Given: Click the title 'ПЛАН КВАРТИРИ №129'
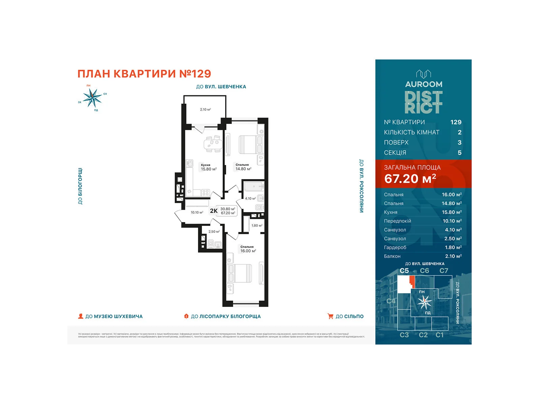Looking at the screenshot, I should pyautogui.click(x=144, y=74).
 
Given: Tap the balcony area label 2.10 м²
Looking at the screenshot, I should pyautogui.click(x=205, y=109).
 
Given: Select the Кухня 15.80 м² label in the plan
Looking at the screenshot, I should pyautogui.click(x=208, y=167).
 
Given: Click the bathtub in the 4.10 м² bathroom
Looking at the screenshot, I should pyautogui.click(x=253, y=186).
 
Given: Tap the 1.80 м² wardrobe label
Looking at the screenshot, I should pyautogui.click(x=257, y=226).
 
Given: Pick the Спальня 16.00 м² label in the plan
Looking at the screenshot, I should pyautogui.click(x=248, y=249).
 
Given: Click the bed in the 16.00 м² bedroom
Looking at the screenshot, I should pyautogui.click(x=239, y=273).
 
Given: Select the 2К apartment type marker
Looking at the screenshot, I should pyautogui.click(x=214, y=211).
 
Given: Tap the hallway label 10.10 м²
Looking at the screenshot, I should pyautogui.click(x=197, y=212).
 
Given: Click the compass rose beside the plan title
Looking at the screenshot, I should pyautogui.click(x=92, y=98).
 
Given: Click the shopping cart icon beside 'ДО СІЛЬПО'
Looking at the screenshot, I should pyautogui.click(x=330, y=316).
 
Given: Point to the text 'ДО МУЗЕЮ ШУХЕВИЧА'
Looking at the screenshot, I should pyautogui.click(x=114, y=316).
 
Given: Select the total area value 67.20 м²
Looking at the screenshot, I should pyautogui.click(x=410, y=178).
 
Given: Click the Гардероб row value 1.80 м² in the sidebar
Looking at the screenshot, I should pyautogui.click(x=453, y=247).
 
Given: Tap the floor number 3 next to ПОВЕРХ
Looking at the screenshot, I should pyautogui.click(x=459, y=142).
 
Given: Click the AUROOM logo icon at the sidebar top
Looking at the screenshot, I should pyautogui.click(x=423, y=73).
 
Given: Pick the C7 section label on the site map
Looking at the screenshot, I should pyautogui.click(x=444, y=271).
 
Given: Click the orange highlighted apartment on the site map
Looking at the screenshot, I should pyautogui.click(x=412, y=281).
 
